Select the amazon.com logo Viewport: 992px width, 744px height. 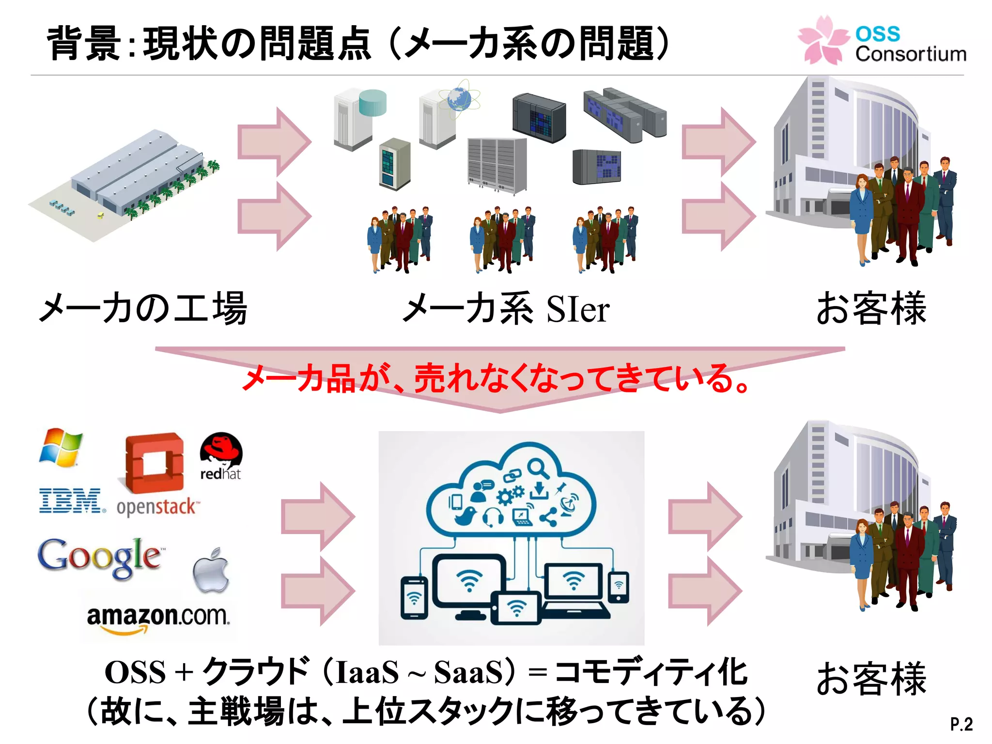158,618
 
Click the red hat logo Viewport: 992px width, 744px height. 221,455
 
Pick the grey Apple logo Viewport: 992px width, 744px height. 211,572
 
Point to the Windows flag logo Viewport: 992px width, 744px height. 61,447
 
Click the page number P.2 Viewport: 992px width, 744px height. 961,724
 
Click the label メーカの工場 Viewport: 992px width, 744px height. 143,309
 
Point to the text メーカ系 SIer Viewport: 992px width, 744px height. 506,309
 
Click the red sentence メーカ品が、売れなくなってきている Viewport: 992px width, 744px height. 496,378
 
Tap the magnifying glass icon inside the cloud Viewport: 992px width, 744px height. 538,468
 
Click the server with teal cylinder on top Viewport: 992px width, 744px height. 358,119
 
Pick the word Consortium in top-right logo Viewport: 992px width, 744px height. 911,54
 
